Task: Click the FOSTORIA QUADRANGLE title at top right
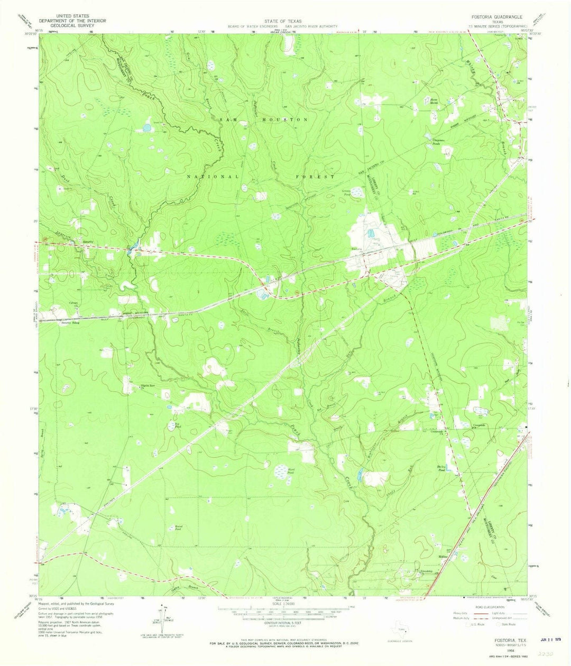click(494, 16)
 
